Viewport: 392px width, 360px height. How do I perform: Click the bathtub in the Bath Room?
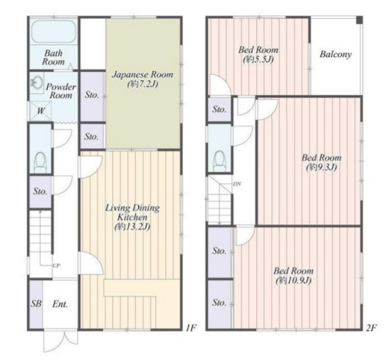coord(54,31)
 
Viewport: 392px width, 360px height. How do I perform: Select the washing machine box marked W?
coord(40,111)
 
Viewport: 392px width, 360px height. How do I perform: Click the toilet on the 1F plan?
coord(40,162)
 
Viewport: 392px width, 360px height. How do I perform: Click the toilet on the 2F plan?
coord(219,161)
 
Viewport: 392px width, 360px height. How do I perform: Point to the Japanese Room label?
coord(142,75)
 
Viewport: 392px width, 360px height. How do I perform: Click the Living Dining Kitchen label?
coord(132,213)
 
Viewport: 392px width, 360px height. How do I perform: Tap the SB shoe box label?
coord(36,304)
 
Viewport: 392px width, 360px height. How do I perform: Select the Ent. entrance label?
coord(60,304)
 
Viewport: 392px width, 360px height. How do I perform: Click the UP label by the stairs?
coord(56,266)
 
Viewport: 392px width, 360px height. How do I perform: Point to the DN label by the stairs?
coord(237,184)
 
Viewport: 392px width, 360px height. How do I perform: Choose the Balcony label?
coord(336,55)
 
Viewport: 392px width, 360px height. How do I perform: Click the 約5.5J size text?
coord(258,59)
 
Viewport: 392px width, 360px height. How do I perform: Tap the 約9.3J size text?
coord(321,167)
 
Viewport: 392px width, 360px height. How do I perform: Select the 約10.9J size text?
coord(293,281)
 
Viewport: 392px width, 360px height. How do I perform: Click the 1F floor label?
coord(191,327)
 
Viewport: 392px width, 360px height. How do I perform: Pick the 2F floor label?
coord(372,327)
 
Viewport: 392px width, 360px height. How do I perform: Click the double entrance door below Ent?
coord(60,341)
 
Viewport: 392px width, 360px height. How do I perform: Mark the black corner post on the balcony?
coord(359,20)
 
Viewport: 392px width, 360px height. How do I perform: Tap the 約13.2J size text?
coord(132,227)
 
